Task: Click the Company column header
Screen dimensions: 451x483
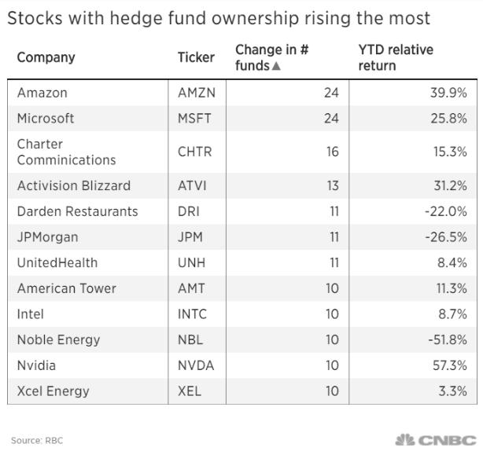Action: click(x=46, y=57)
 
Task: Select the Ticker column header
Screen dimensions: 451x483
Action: click(x=196, y=57)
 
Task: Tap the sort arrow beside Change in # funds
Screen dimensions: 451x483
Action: click(x=275, y=66)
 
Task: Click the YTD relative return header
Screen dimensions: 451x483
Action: click(x=395, y=57)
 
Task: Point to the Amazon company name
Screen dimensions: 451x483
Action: click(x=42, y=93)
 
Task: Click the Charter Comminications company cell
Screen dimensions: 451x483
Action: click(x=66, y=152)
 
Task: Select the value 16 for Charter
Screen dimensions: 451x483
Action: click(x=332, y=152)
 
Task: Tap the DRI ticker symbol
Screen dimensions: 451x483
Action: click(x=189, y=211)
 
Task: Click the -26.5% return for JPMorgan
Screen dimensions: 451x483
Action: click(x=445, y=237)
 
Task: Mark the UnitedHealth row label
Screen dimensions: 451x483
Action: click(x=57, y=262)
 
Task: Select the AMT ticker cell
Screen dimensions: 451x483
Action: click(x=192, y=288)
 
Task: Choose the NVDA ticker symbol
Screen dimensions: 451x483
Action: click(x=196, y=365)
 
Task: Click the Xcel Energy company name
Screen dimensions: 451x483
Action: click(x=53, y=390)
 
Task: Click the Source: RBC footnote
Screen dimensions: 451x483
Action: click(x=36, y=441)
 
